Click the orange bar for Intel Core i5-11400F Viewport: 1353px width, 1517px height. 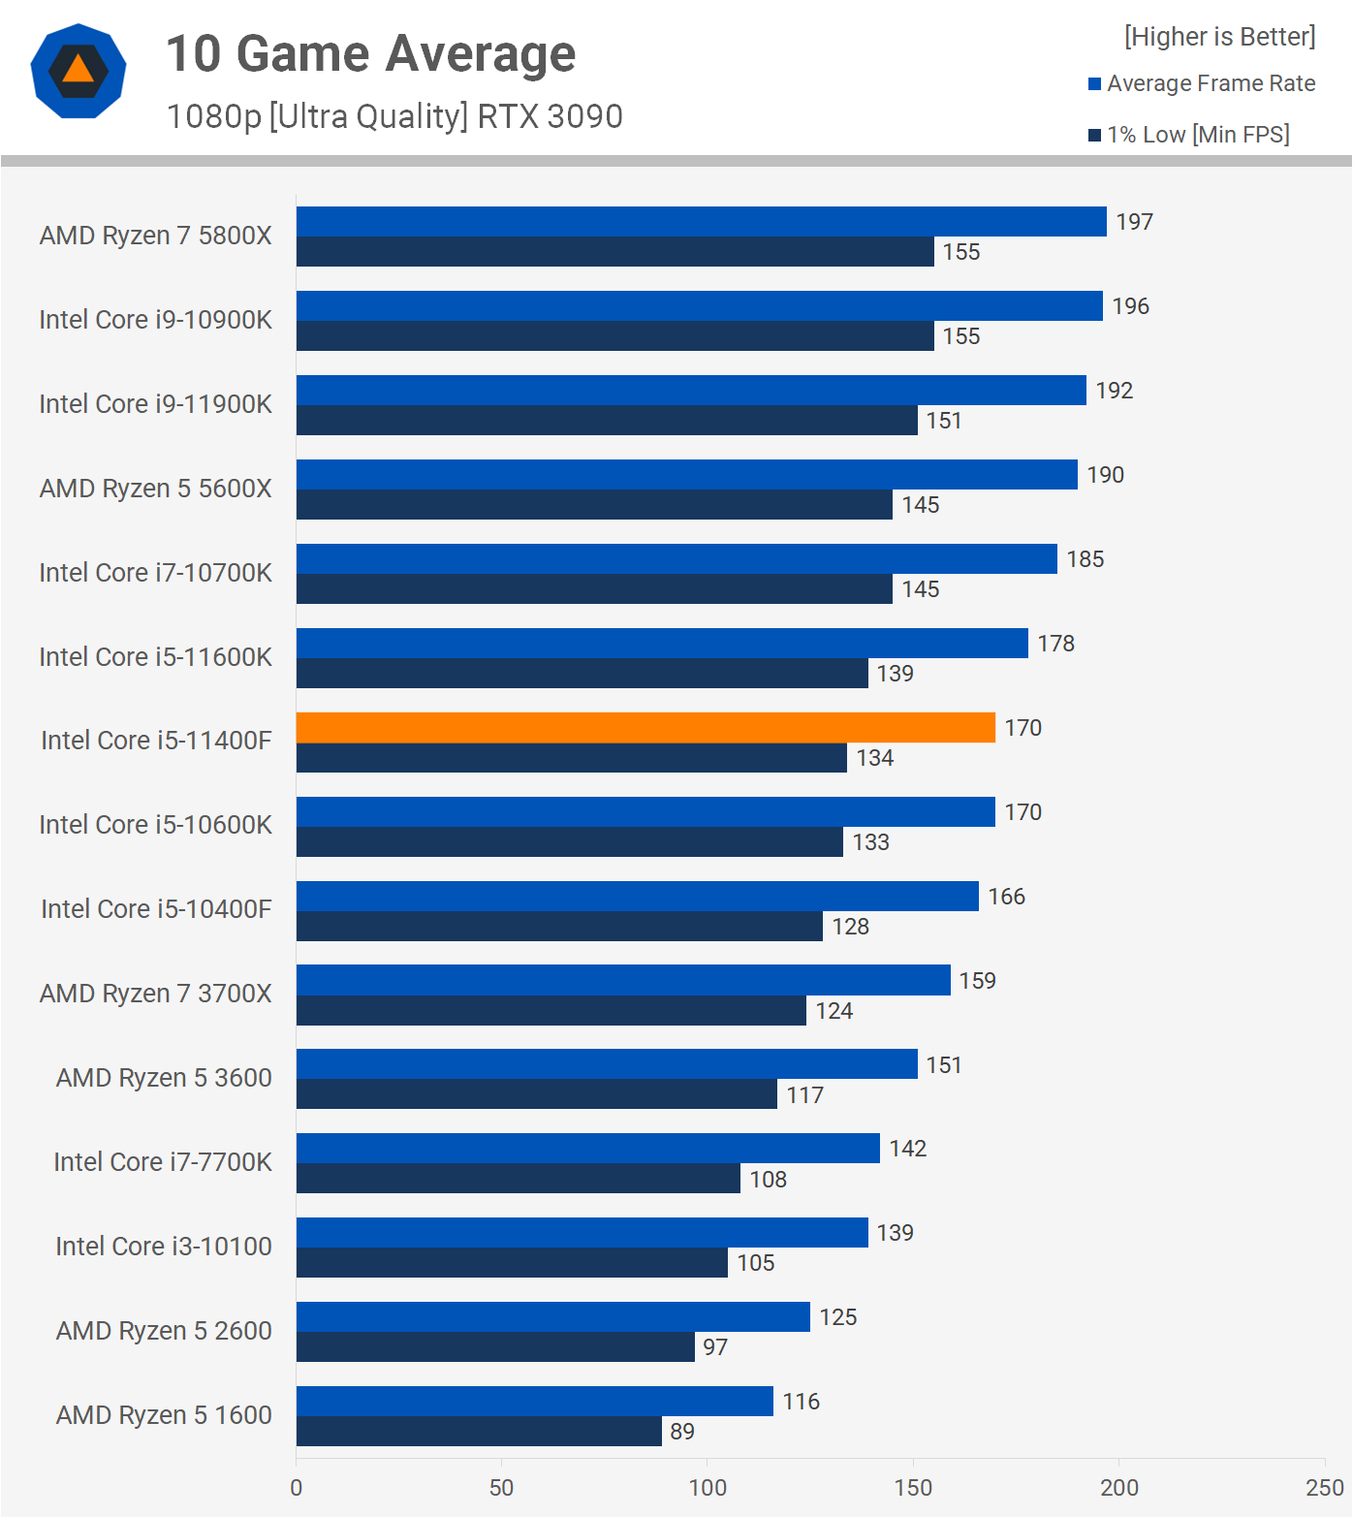point(645,727)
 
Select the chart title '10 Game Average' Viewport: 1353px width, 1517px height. point(370,53)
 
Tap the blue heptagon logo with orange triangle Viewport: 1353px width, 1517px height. point(79,71)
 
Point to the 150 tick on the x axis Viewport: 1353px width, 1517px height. point(913,1488)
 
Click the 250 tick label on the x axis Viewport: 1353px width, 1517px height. point(1325,1488)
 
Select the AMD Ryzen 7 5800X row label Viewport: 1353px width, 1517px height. point(155,236)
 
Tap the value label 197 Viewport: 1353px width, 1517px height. point(1134,222)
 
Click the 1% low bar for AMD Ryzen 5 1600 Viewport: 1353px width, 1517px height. point(479,1431)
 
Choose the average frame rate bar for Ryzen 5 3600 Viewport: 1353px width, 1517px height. point(607,1064)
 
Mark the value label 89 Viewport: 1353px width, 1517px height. point(682,1432)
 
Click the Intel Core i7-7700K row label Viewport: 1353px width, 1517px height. point(163,1161)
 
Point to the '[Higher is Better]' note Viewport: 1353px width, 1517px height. point(1219,37)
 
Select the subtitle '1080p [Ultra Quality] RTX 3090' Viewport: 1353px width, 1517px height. point(394,116)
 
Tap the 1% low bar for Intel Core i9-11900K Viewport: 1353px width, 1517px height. point(607,420)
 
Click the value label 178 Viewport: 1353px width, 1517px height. point(1055,644)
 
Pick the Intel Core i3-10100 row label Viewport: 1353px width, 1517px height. point(164,1246)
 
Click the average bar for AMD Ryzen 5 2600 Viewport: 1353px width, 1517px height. point(552,1316)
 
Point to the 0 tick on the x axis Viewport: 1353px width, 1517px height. point(297,1488)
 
